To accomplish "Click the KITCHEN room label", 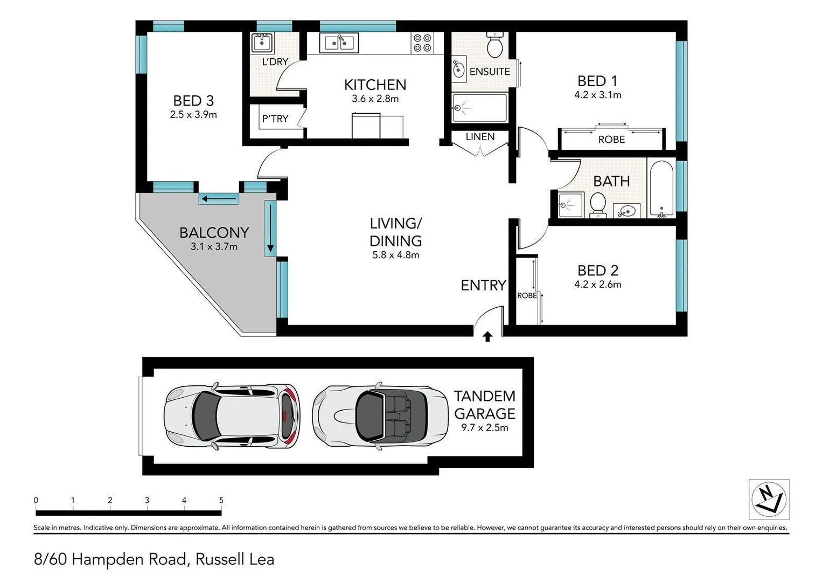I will [x=375, y=85].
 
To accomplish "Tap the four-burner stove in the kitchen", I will [x=422, y=43].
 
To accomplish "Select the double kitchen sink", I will [x=339, y=43].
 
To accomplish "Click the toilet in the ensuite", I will [x=494, y=45].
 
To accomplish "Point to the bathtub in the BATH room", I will [x=661, y=189].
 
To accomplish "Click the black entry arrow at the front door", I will [x=487, y=337].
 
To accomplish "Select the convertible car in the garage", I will [x=380, y=415].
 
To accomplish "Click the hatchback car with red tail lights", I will [x=232, y=416].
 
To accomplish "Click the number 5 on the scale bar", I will [x=221, y=500].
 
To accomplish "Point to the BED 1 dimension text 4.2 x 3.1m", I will [x=597, y=95].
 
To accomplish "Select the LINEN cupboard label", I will [x=480, y=137].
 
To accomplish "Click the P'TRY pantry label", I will [x=275, y=119].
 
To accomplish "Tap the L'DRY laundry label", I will [x=275, y=62].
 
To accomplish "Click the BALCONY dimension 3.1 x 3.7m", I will [x=214, y=247].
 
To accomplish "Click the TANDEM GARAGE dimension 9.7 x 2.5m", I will [x=484, y=428].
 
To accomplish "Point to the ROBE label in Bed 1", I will [x=611, y=140].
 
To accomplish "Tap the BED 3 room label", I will [x=193, y=101].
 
